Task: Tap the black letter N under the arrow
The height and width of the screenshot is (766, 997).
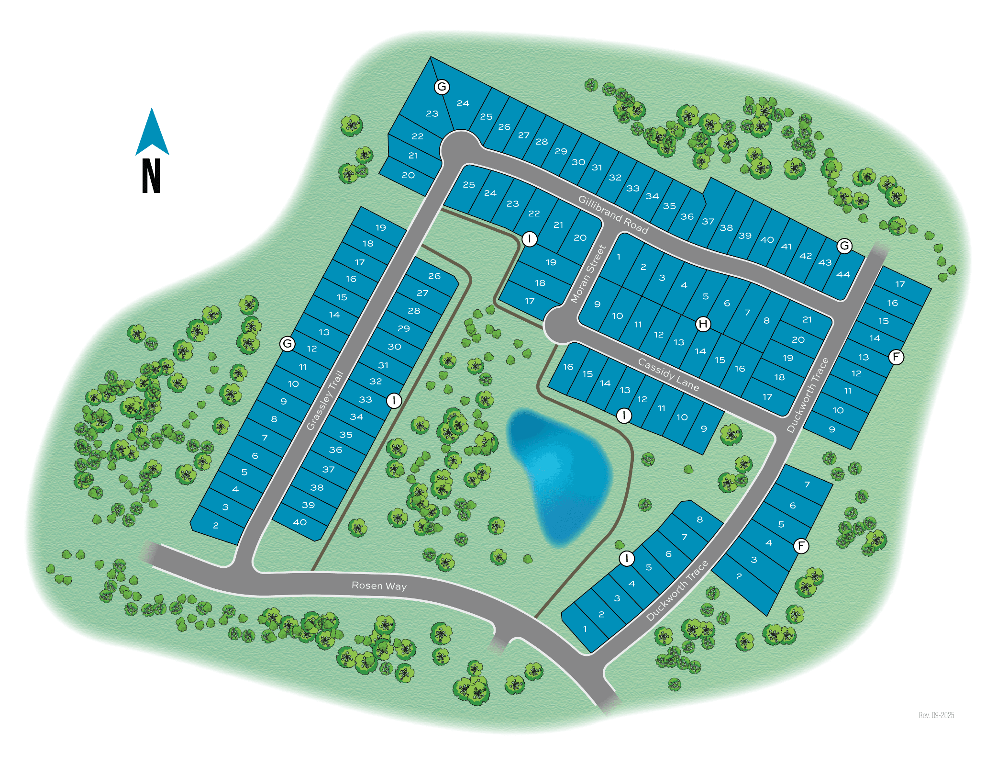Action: tap(151, 176)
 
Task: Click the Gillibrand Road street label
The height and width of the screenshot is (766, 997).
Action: tap(613, 214)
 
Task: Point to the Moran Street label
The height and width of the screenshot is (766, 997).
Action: tap(588, 274)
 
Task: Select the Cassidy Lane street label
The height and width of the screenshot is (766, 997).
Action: tap(668, 374)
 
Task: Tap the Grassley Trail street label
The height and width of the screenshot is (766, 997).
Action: tap(325, 400)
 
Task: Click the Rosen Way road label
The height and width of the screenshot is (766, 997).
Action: tap(379, 586)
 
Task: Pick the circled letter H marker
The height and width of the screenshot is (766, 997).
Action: tap(703, 324)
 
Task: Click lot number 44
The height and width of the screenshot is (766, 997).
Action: tap(843, 274)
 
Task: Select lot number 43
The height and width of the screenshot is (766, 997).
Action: tap(825, 262)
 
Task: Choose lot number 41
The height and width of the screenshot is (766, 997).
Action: tap(786, 247)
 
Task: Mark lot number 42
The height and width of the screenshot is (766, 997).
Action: tap(806, 256)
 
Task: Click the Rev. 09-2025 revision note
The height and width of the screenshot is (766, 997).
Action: tap(936, 715)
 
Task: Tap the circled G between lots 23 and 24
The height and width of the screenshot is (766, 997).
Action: tap(442, 87)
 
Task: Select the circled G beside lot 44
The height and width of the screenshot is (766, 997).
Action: tap(844, 246)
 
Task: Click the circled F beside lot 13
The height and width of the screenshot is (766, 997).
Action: tap(896, 357)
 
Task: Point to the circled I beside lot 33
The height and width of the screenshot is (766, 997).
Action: tap(394, 400)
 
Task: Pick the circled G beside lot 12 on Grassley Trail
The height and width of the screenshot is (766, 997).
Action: tap(287, 343)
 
